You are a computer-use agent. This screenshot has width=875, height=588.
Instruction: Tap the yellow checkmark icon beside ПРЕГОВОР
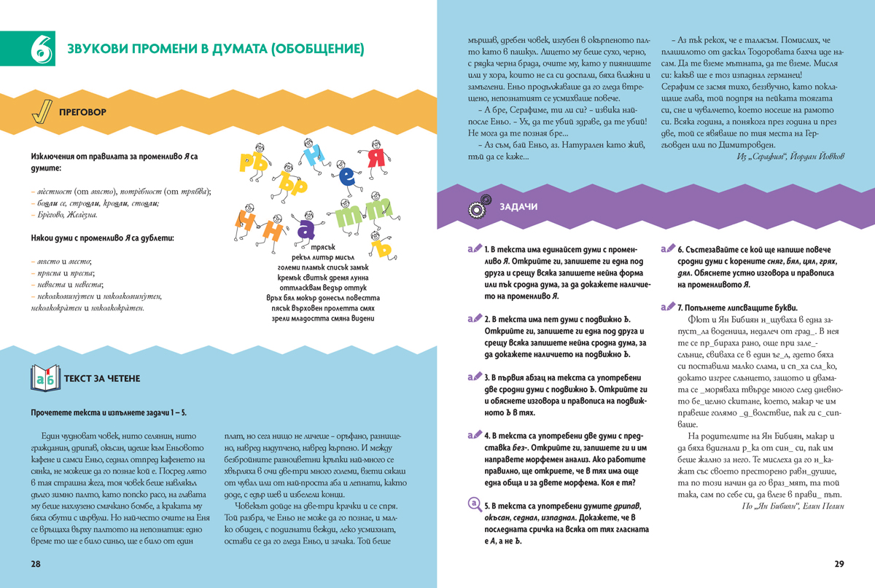44,112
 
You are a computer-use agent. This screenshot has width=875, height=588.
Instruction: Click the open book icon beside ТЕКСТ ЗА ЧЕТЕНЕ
45,378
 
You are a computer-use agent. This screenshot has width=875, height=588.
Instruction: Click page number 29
839,565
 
